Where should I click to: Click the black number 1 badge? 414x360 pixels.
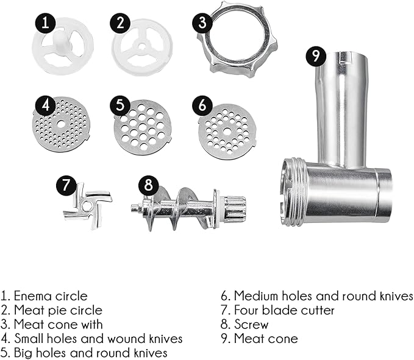[x=45, y=23]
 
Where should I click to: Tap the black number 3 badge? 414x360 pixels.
[x=202, y=23]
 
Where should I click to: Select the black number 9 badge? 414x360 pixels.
[x=316, y=55]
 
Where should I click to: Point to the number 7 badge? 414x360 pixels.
[x=66, y=185]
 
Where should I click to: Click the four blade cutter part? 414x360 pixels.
[x=88, y=205]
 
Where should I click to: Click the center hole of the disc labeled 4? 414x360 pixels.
[x=61, y=124]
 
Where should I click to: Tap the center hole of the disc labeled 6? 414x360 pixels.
[x=227, y=131]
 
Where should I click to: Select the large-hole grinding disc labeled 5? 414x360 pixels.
[x=143, y=127]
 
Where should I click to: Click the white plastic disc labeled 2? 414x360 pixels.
[x=142, y=47]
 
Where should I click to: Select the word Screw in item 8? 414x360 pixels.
[x=251, y=325]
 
